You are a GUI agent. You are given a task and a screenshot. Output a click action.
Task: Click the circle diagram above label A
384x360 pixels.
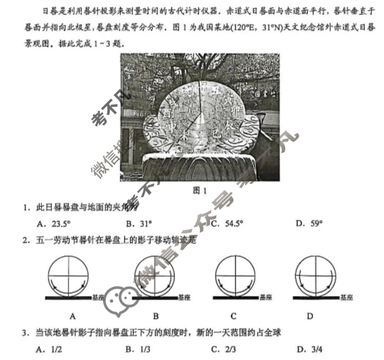click(72, 274)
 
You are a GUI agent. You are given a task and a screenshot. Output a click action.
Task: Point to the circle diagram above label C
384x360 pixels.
click(235, 274)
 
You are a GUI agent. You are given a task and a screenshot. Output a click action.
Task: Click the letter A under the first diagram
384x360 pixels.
click(73, 315)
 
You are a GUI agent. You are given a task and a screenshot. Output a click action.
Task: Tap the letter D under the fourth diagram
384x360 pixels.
click(310, 315)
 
